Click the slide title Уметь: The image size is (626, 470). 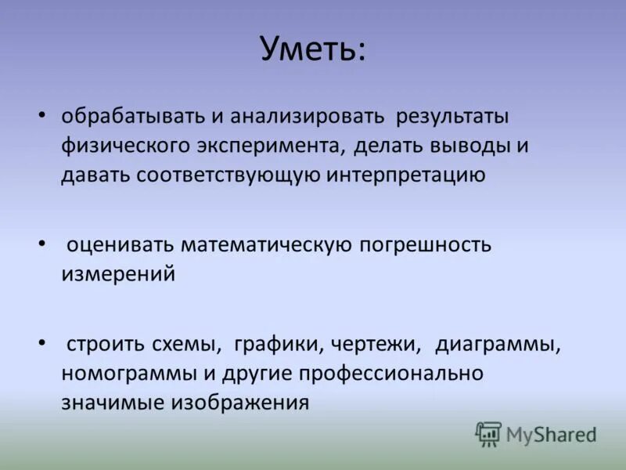313,49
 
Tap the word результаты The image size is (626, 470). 452,116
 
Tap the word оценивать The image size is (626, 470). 121,244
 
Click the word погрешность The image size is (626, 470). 426,244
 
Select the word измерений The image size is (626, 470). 118,274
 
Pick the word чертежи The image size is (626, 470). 376,344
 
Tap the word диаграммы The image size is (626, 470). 498,344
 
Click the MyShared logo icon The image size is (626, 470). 489,433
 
